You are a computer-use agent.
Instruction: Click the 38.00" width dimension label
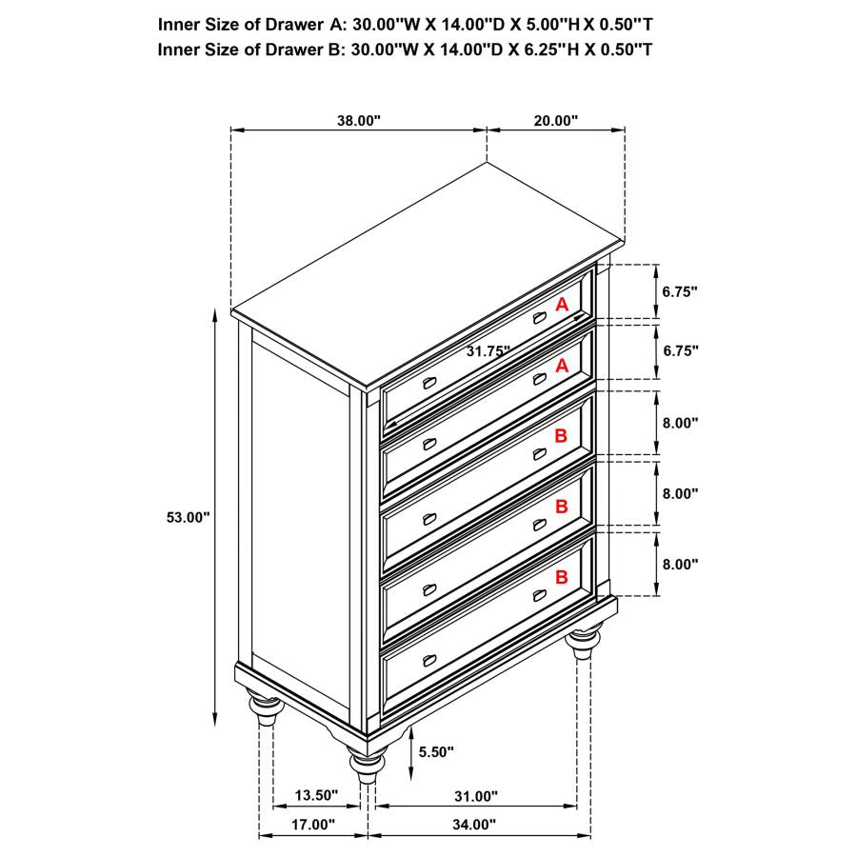358,121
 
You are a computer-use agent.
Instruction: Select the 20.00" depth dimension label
556,121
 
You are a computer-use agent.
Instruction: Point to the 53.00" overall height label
187,517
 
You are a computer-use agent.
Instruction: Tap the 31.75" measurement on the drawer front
488,350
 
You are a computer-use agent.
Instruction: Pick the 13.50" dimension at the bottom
317,796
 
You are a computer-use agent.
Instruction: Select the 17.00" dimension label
314,825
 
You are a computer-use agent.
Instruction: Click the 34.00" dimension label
474,825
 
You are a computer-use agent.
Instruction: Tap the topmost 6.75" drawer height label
680,290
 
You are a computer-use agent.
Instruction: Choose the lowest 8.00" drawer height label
680,564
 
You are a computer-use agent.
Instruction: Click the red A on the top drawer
562,305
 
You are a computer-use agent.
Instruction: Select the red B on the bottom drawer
562,576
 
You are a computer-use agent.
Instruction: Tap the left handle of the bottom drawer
428,661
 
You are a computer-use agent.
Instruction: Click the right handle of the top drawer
540,318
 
